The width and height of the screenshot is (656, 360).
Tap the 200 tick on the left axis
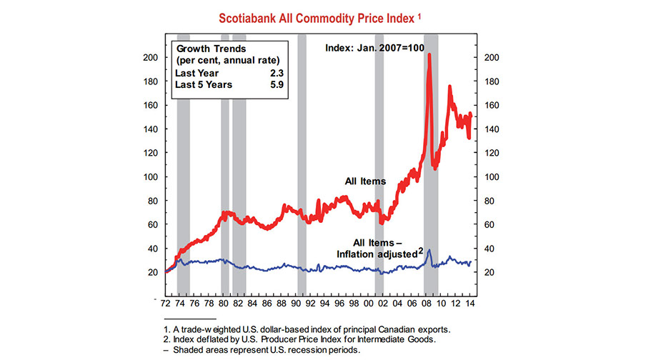coord(151,57)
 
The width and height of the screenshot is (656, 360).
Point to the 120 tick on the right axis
coord(492,153)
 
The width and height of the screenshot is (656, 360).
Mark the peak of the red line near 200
coord(429,55)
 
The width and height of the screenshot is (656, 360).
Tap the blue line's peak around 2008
coord(429,250)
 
